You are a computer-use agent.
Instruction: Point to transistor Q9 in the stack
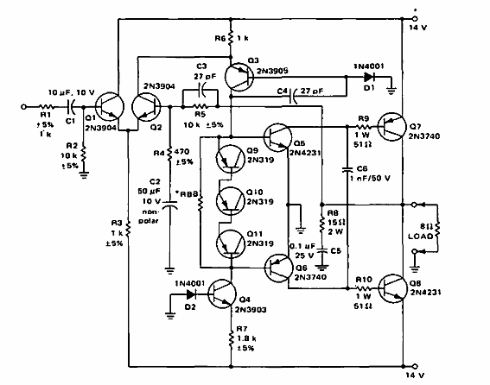coord(228,160)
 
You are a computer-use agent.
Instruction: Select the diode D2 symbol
coord(186,293)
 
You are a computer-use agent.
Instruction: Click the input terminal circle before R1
coord(25,108)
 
